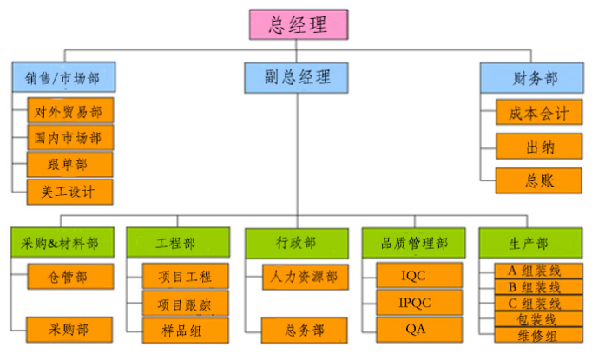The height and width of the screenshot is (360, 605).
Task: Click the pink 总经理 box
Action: tap(299, 24)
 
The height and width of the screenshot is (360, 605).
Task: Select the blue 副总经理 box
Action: tap(296, 78)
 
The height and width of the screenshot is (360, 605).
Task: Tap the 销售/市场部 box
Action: tap(63, 77)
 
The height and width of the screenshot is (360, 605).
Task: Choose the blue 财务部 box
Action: tap(532, 78)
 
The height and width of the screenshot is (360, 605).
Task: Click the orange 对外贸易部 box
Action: tap(70, 111)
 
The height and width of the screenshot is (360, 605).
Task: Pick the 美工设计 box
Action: tap(69, 192)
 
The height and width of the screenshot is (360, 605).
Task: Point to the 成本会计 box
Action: tap(539, 112)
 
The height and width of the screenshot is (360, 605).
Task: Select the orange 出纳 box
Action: tap(539, 147)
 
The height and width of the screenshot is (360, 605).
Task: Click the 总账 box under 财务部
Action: tap(539, 180)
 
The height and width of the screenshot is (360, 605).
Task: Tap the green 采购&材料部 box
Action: tap(62, 242)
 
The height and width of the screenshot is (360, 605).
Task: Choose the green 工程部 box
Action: tap(178, 242)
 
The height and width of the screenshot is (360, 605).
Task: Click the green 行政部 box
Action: tap(297, 244)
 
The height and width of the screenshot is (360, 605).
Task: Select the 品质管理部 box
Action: tap(414, 243)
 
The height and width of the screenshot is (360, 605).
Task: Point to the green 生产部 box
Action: tap(531, 243)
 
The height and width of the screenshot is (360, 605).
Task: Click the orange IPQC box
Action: tap(419, 303)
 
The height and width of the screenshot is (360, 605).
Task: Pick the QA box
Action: tap(419, 330)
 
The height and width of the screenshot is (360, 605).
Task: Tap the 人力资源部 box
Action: tap(306, 277)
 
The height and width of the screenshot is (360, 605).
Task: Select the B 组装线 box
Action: tap(539, 287)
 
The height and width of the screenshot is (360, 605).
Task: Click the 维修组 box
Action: tap(539, 336)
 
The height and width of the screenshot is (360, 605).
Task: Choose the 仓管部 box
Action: tap(70, 277)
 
